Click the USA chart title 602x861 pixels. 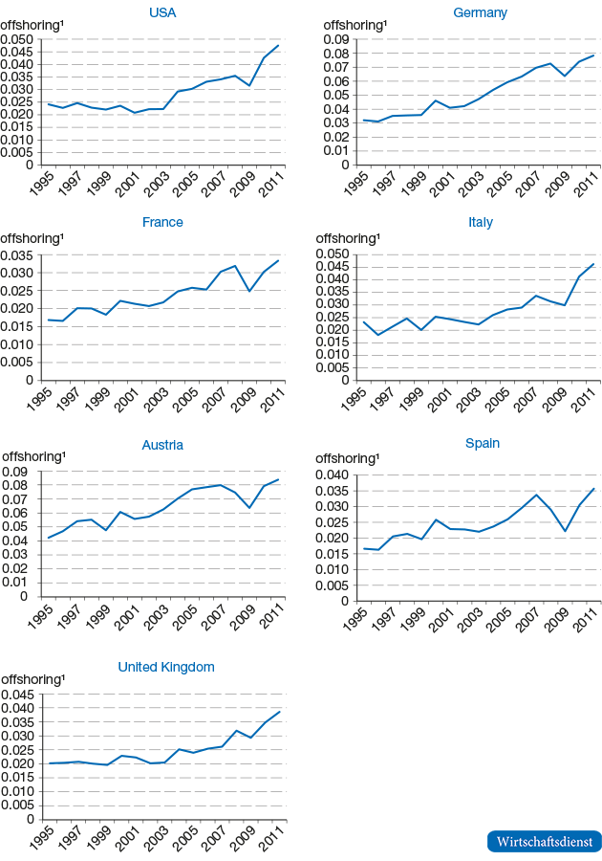(162, 12)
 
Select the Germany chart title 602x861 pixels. (480, 12)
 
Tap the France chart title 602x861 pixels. (162, 222)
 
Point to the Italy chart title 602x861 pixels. (480, 222)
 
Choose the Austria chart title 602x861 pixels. (162, 445)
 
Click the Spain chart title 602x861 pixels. (482, 444)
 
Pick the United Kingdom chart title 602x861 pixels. (166, 667)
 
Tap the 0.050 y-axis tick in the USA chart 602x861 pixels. (16, 39)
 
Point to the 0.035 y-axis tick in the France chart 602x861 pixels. (16, 255)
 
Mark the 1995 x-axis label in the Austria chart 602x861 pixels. (39, 618)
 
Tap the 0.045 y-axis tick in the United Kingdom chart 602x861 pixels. (16, 695)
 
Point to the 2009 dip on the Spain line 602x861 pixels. (565, 531)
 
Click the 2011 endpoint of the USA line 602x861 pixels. (278, 45)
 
